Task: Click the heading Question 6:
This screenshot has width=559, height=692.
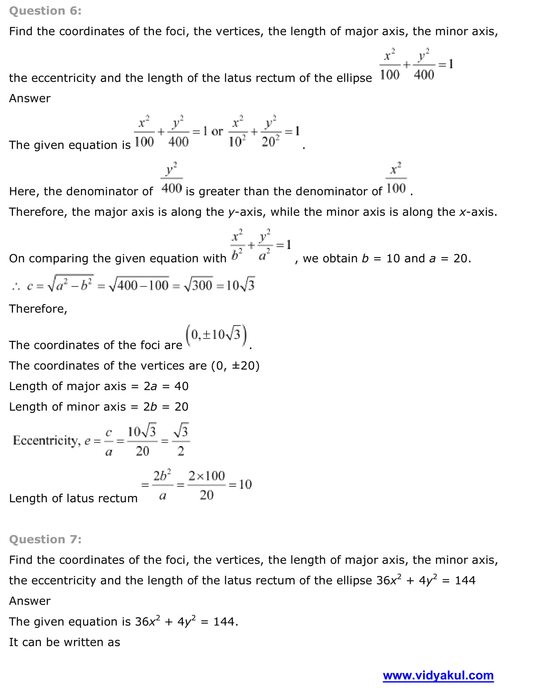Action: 45,11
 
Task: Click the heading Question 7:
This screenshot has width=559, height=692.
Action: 45,539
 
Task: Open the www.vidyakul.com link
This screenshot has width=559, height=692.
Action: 438,675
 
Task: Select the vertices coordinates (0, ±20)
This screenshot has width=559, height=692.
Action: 235,366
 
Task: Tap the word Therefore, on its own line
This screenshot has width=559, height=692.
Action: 38,309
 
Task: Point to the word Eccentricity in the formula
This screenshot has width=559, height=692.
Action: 46,440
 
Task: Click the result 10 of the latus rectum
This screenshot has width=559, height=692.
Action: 245,484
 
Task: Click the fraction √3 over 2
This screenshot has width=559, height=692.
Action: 181,440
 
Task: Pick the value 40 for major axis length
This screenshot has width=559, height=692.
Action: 181,386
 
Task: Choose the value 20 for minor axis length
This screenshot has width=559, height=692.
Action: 181,407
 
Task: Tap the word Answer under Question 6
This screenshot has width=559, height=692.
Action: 30,98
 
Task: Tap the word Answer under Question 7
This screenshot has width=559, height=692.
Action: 30,601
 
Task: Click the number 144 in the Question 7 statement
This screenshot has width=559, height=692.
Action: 465,580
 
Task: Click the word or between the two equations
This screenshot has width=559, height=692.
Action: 217,132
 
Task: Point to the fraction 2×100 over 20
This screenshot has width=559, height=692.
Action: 207,485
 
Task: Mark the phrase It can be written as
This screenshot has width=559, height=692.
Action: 65,642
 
